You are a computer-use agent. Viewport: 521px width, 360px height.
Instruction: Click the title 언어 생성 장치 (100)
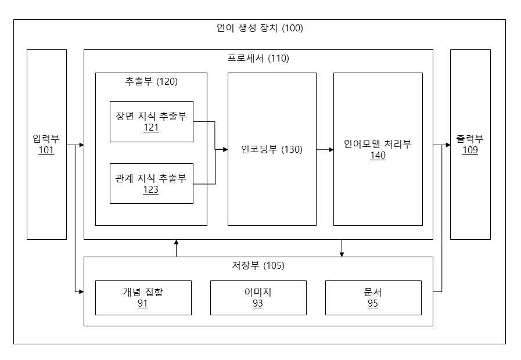tap(260, 28)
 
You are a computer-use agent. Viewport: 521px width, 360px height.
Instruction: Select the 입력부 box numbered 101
tap(47, 145)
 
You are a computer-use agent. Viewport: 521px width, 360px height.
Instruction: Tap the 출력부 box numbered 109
tap(470, 145)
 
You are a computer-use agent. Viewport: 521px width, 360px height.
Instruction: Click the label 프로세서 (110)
tap(258, 59)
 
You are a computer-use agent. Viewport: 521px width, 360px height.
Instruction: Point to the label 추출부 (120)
tap(151, 81)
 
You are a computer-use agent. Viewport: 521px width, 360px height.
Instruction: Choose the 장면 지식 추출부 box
tap(152, 121)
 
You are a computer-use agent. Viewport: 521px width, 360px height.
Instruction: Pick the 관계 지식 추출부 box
tap(152, 183)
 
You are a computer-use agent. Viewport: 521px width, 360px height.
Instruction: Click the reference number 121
tap(151, 128)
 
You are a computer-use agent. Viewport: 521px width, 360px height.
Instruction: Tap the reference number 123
tap(151, 190)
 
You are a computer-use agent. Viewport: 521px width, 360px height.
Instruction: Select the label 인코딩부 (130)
tap(272, 149)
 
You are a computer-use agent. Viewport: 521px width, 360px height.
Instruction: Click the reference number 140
tap(378, 156)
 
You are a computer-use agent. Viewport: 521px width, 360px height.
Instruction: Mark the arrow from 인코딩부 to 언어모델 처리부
tap(325, 150)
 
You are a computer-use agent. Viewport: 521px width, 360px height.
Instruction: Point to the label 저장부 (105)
tap(258, 266)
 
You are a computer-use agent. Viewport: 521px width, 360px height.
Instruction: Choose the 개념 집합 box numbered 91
tap(143, 298)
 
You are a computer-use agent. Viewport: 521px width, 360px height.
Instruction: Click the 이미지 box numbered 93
tap(258, 298)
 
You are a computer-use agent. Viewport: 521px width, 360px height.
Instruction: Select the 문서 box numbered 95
tap(373, 298)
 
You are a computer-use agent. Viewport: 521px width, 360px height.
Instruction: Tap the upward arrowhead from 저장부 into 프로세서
tap(177, 242)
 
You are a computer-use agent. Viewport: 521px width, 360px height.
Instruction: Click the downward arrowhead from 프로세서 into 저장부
tap(342, 254)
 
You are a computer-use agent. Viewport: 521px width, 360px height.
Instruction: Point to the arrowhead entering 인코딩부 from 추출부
tap(225, 149)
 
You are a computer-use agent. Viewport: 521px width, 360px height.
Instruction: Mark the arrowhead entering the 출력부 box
tap(448, 145)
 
